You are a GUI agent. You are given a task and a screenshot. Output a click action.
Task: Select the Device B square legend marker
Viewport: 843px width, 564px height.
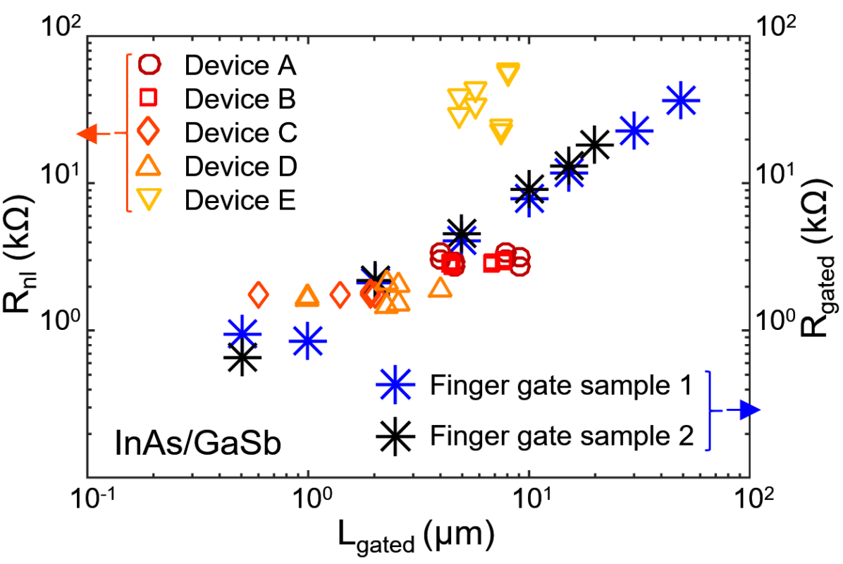coord(150,99)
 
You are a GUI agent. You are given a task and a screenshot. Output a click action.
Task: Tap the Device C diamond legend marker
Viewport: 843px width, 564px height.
coord(150,132)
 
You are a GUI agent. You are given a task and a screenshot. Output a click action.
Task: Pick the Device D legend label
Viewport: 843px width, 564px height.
coord(240,167)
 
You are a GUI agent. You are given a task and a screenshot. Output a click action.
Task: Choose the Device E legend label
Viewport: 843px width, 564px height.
coord(240,201)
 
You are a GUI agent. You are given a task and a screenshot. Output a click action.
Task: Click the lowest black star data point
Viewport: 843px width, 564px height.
coord(242,358)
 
